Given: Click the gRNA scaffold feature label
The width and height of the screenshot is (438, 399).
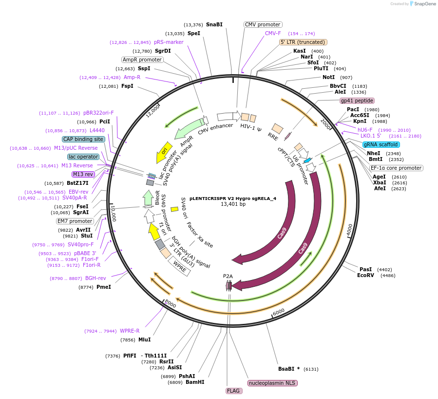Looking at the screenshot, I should coord(381,144).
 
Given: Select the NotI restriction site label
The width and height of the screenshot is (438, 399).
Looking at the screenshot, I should coord(329,78).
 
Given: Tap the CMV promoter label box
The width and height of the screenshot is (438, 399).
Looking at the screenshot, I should coord(263,24).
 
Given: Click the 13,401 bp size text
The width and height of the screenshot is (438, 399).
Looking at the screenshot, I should coord(233,204).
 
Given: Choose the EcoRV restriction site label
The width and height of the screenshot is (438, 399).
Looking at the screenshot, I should coord(365,276).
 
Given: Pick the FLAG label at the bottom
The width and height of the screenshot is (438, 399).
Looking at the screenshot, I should coord(234,391).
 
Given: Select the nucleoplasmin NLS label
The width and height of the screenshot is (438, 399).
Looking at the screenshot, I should coord(272,383).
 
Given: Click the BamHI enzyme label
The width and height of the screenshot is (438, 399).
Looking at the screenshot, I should coord(195,382).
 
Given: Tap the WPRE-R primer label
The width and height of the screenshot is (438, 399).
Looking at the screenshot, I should coord(130,331).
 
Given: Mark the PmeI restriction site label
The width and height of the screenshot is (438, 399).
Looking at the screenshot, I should coord(104,287).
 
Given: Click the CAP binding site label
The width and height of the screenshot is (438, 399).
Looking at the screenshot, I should coord(83,139).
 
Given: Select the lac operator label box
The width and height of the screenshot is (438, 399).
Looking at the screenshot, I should coord(83,157).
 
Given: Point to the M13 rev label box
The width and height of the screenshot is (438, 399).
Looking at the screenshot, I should coord(83,174).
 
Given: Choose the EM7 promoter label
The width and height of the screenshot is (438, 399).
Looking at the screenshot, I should coord(74,220).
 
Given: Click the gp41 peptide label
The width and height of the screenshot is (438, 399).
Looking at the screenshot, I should coord(357,100).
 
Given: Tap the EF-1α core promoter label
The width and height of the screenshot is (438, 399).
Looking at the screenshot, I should coord(396,168).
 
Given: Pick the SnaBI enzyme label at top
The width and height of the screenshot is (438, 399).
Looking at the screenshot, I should coord(214,24).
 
